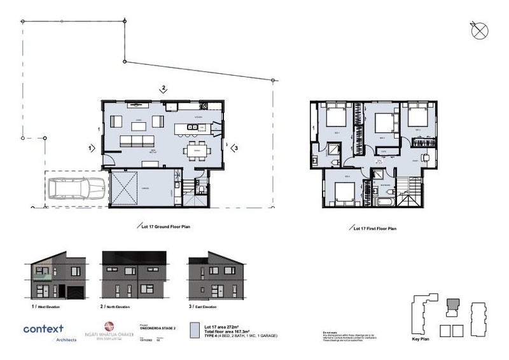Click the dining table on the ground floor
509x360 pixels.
197,151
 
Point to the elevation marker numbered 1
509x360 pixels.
92,148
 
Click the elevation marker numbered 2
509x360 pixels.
164,88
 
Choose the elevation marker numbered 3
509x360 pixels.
235,148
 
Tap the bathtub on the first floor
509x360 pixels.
385,202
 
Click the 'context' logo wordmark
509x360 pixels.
43,329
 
